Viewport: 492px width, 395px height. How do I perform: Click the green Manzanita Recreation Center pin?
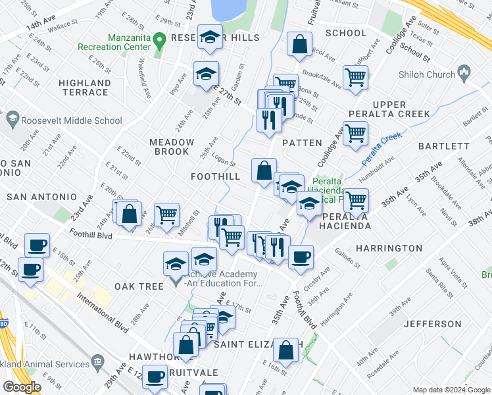coord(159,41)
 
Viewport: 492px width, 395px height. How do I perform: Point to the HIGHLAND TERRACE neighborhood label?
coord(84,88)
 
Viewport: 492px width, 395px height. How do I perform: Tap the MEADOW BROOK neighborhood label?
coord(172,147)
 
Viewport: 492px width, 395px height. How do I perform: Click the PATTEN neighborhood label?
coord(302,143)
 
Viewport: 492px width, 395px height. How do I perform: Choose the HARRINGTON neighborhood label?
coord(389,248)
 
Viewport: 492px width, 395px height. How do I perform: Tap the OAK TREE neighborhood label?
coord(139,286)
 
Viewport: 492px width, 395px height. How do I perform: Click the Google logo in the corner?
coord(22,387)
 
